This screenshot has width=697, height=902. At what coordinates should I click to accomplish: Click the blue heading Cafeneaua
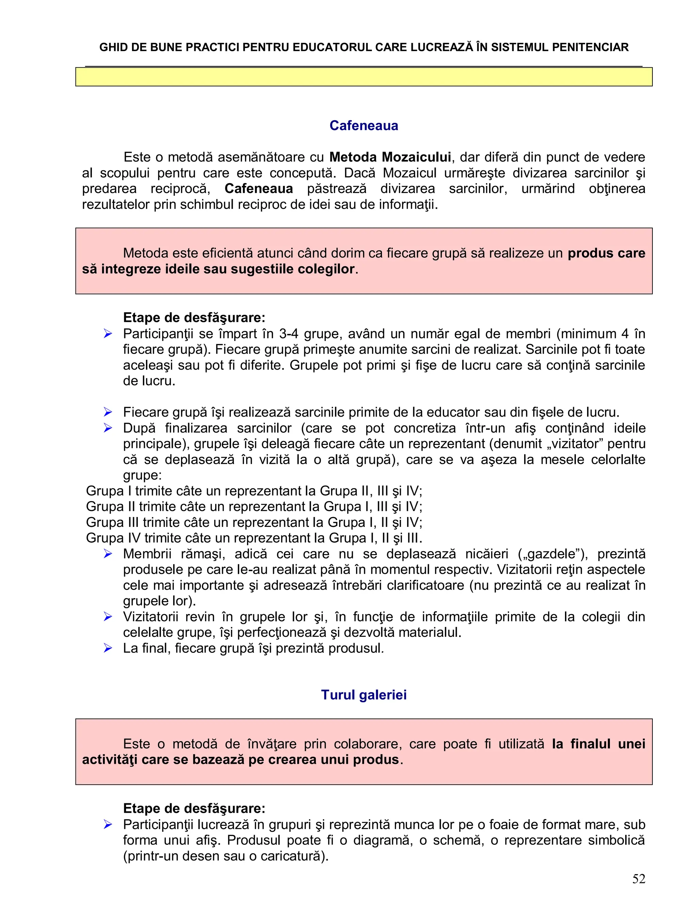(x=363, y=126)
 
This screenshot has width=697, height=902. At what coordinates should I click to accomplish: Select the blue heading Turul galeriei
(x=363, y=695)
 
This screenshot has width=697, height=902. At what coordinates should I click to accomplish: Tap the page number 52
(x=638, y=879)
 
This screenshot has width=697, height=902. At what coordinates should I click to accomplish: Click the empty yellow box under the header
(x=363, y=77)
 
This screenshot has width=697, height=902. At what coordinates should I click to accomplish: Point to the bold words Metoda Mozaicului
(x=390, y=157)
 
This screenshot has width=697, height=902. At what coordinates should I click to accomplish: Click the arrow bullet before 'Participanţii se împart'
(x=108, y=334)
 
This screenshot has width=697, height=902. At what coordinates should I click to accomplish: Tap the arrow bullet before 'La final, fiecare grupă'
(x=108, y=648)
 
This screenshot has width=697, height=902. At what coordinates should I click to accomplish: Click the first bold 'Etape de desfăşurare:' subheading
(x=194, y=318)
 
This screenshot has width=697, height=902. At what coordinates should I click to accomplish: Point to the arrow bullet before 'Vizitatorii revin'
(x=108, y=617)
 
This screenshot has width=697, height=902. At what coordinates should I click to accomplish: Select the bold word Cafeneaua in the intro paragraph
(x=259, y=189)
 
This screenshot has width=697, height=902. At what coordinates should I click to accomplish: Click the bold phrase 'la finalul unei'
(x=598, y=744)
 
